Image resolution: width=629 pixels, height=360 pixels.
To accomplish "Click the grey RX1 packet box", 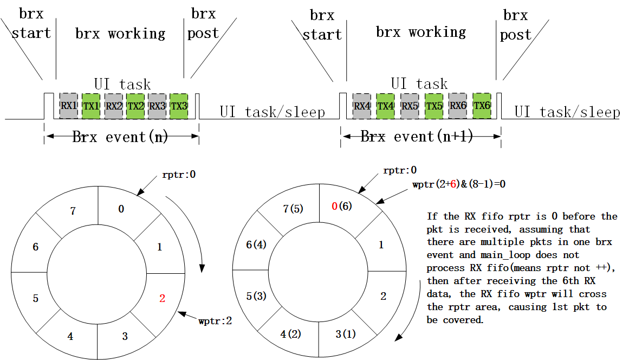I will coord(69,106).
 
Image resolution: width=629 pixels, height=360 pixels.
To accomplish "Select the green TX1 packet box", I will coord(91,106).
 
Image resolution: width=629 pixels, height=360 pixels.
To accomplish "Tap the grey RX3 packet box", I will coord(157,106).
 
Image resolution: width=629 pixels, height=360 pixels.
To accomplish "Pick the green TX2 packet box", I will coord(135,106).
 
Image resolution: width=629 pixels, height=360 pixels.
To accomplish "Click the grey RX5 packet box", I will coord(410,106).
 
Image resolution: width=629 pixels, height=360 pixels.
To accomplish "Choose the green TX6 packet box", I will coord(482,105).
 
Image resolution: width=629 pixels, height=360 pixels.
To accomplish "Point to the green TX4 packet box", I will coord(385,106).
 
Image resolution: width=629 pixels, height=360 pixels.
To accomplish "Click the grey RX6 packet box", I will coord(458,105).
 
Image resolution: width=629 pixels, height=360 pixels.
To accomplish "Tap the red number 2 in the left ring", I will coord(162,298).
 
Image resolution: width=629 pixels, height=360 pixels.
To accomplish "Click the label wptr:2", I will coord(216,321).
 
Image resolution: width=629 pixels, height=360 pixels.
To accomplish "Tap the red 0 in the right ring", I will coord(335,206).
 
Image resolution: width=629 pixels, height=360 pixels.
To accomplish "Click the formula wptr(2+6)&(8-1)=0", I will coord(459,184).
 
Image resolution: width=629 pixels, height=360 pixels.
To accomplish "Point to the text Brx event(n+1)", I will coord(417,137).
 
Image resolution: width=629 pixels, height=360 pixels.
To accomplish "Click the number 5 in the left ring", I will coord(35,298).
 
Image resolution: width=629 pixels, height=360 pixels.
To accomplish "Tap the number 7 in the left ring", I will coord(73,210).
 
